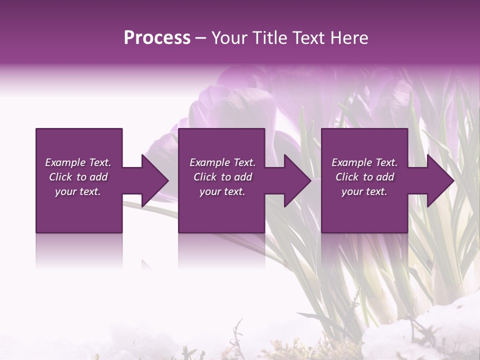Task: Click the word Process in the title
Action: point(157,38)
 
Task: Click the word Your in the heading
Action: point(228,38)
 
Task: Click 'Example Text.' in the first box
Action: point(78,162)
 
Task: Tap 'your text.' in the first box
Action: point(78,191)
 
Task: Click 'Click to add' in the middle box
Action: point(222,177)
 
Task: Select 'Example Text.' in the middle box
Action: point(222,162)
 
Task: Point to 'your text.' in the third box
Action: point(364,191)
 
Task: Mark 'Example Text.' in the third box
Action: point(364,162)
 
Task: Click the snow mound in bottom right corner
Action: point(450,320)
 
